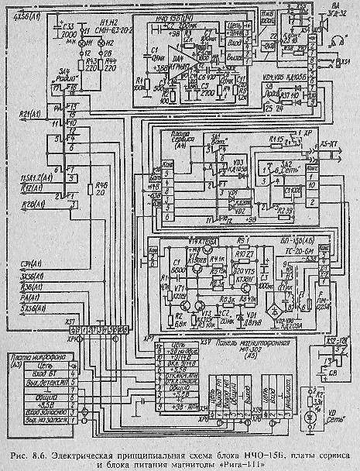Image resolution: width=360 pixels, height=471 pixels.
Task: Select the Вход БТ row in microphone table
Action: tap(45, 372)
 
